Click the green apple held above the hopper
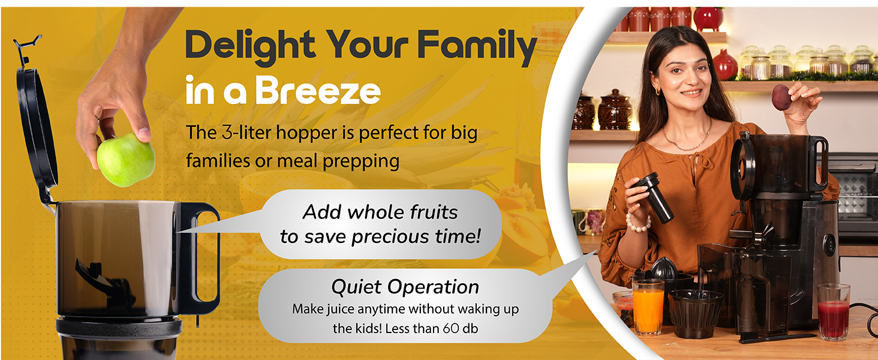tap(126, 160)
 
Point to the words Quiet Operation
tap(405, 287)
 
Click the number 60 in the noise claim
tap(451, 328)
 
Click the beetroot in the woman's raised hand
tap(781, 97)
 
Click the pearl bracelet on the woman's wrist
tap(638, 224)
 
